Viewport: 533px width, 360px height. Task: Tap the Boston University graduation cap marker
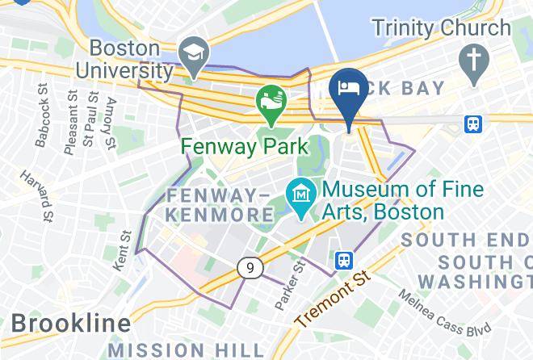194,54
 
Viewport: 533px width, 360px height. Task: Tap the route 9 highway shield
250,267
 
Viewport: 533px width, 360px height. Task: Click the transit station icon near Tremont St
344,260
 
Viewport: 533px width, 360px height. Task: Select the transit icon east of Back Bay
472,123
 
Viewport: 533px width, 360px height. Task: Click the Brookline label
71,324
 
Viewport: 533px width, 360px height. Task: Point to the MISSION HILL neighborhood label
186,350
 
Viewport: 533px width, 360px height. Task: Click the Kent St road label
124,251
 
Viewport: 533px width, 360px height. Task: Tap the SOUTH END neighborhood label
466,240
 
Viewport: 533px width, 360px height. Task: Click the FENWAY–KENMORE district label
220,205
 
